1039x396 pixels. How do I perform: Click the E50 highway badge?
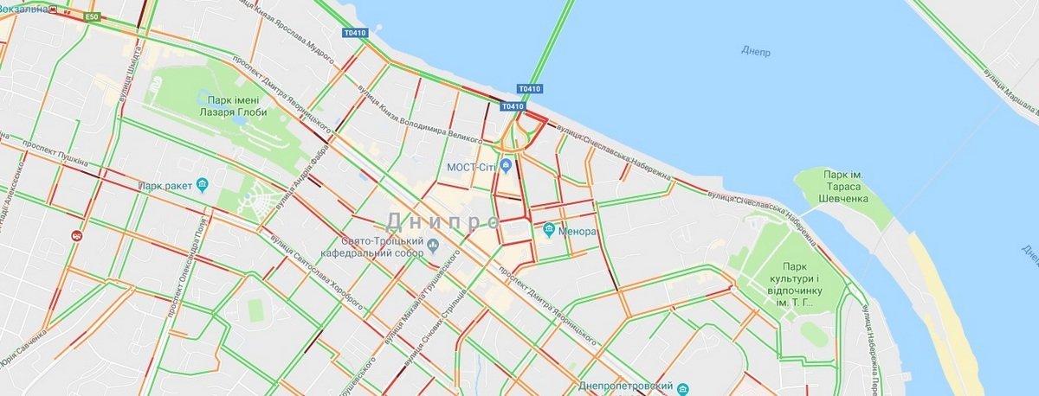[92, 16]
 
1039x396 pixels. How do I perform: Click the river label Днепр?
[755, 50]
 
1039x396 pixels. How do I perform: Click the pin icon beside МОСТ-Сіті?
[507, 165]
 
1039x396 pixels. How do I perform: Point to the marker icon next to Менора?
[549, 230]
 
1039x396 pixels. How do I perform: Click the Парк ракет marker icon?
[203, 185]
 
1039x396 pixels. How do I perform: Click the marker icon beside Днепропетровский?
[682, 388]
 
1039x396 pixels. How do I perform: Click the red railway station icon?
[76, 234]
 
